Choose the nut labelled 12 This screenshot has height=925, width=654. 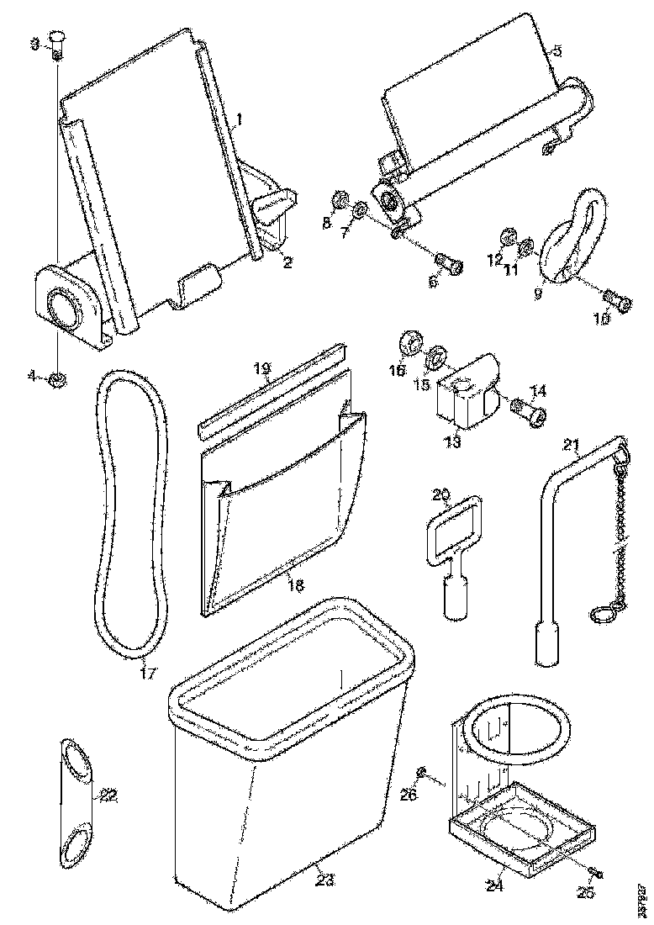tap(508, 236)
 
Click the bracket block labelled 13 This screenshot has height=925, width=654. tap(463, 403)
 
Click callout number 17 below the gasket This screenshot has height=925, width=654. tap(148, 673)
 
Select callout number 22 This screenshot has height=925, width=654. tap(108, 795)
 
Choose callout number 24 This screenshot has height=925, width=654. tap(495, 885)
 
